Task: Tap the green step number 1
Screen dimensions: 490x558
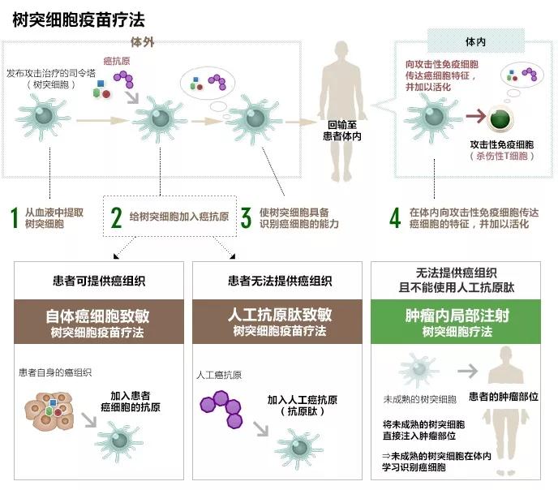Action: pos(13,217)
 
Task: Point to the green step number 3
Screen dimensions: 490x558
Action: pos(246,217)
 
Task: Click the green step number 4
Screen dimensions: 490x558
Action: pos(395,217)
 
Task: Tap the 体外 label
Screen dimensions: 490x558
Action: pos(142,41)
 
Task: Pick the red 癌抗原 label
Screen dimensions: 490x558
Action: pos(117,61)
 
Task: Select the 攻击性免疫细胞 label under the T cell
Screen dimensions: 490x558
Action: pos(502,144)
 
